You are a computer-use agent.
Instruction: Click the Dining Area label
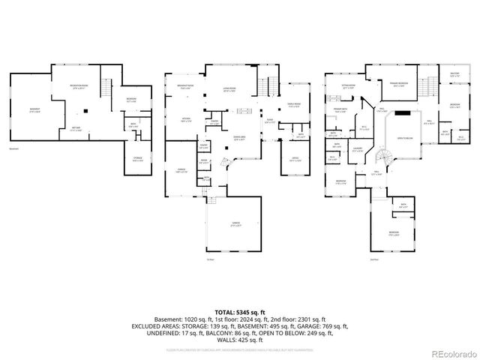[x=239, y=139]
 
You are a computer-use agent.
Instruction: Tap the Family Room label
[x=293, y=105]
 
